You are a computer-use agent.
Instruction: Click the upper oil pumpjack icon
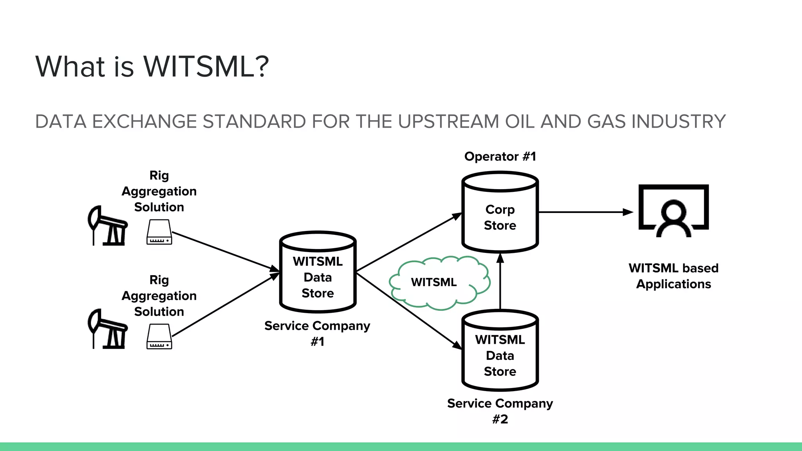click(107, 227)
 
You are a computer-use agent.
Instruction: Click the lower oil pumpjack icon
click(107, 330)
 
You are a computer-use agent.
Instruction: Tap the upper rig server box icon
click(159, 233)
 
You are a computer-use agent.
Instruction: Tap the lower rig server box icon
click(159, 337)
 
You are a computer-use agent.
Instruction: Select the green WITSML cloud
click(439, 283)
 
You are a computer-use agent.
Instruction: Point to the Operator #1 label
click(500, 157)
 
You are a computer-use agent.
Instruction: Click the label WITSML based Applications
click(674, 276)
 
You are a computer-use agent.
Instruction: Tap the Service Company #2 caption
click(500, 411)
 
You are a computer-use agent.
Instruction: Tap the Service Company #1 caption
click(317, 333)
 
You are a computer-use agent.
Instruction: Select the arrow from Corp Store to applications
click(585, 212)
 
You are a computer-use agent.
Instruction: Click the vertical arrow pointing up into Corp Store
click(500, 282)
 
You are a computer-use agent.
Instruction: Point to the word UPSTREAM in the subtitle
click(449, 122)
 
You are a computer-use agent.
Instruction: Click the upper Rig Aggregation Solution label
click(159, 191)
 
